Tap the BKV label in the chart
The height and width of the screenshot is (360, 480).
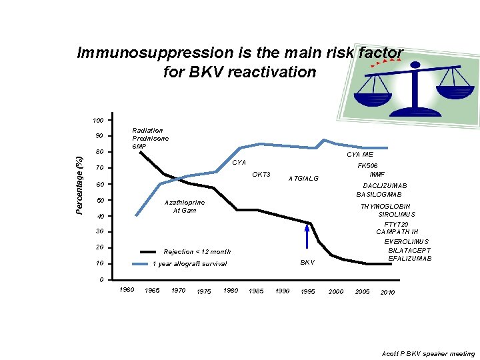[x=307, y=262]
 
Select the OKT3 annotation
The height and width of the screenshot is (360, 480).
[x=261, y=175]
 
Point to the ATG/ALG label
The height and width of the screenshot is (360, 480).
[x=303, y=178]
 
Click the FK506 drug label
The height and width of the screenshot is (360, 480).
[x=368, y=166]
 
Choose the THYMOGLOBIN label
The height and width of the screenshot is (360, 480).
[x=385, y=207]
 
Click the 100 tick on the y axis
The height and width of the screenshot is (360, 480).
[x=97, y=121]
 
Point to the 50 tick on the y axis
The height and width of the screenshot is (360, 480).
[x=99, y=201]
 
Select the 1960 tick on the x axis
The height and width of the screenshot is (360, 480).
[x=126, y=290]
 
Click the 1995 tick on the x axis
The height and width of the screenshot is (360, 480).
[x=308, y=292]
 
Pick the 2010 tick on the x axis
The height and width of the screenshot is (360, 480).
[x=387, y=292]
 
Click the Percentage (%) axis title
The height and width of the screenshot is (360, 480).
[x=79, y=185]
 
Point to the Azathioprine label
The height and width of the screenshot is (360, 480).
[x=185, y=202]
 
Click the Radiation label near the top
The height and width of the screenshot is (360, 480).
[x=147, y=131]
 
